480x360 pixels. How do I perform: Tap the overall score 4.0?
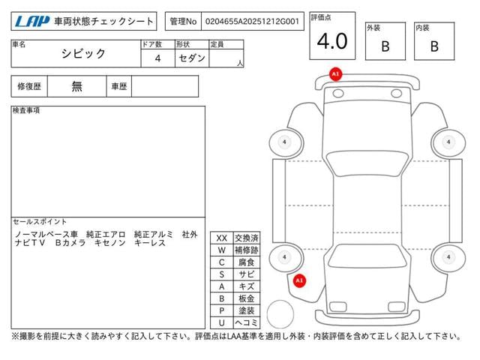tap(332, 41)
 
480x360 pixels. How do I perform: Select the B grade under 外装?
tap(385, 46)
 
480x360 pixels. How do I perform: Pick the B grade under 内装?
tap(434, 46)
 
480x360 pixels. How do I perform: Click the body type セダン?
tap(192, 58)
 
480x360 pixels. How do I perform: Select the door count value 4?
tap(157, 58)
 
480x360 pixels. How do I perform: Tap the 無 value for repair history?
tap(76, 86)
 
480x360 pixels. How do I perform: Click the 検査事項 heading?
tap(26, 110)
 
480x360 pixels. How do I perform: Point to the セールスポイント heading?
tap(40, 222)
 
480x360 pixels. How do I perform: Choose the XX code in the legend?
tap(221, 238)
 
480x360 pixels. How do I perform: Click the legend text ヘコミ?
tap(246, 322)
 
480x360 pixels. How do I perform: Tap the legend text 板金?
tap(246, 298)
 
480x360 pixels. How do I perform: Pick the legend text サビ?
tap(246, 274)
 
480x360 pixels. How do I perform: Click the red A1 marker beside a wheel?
tap(299, 280)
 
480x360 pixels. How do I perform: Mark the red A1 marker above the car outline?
tap(335, 73)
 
